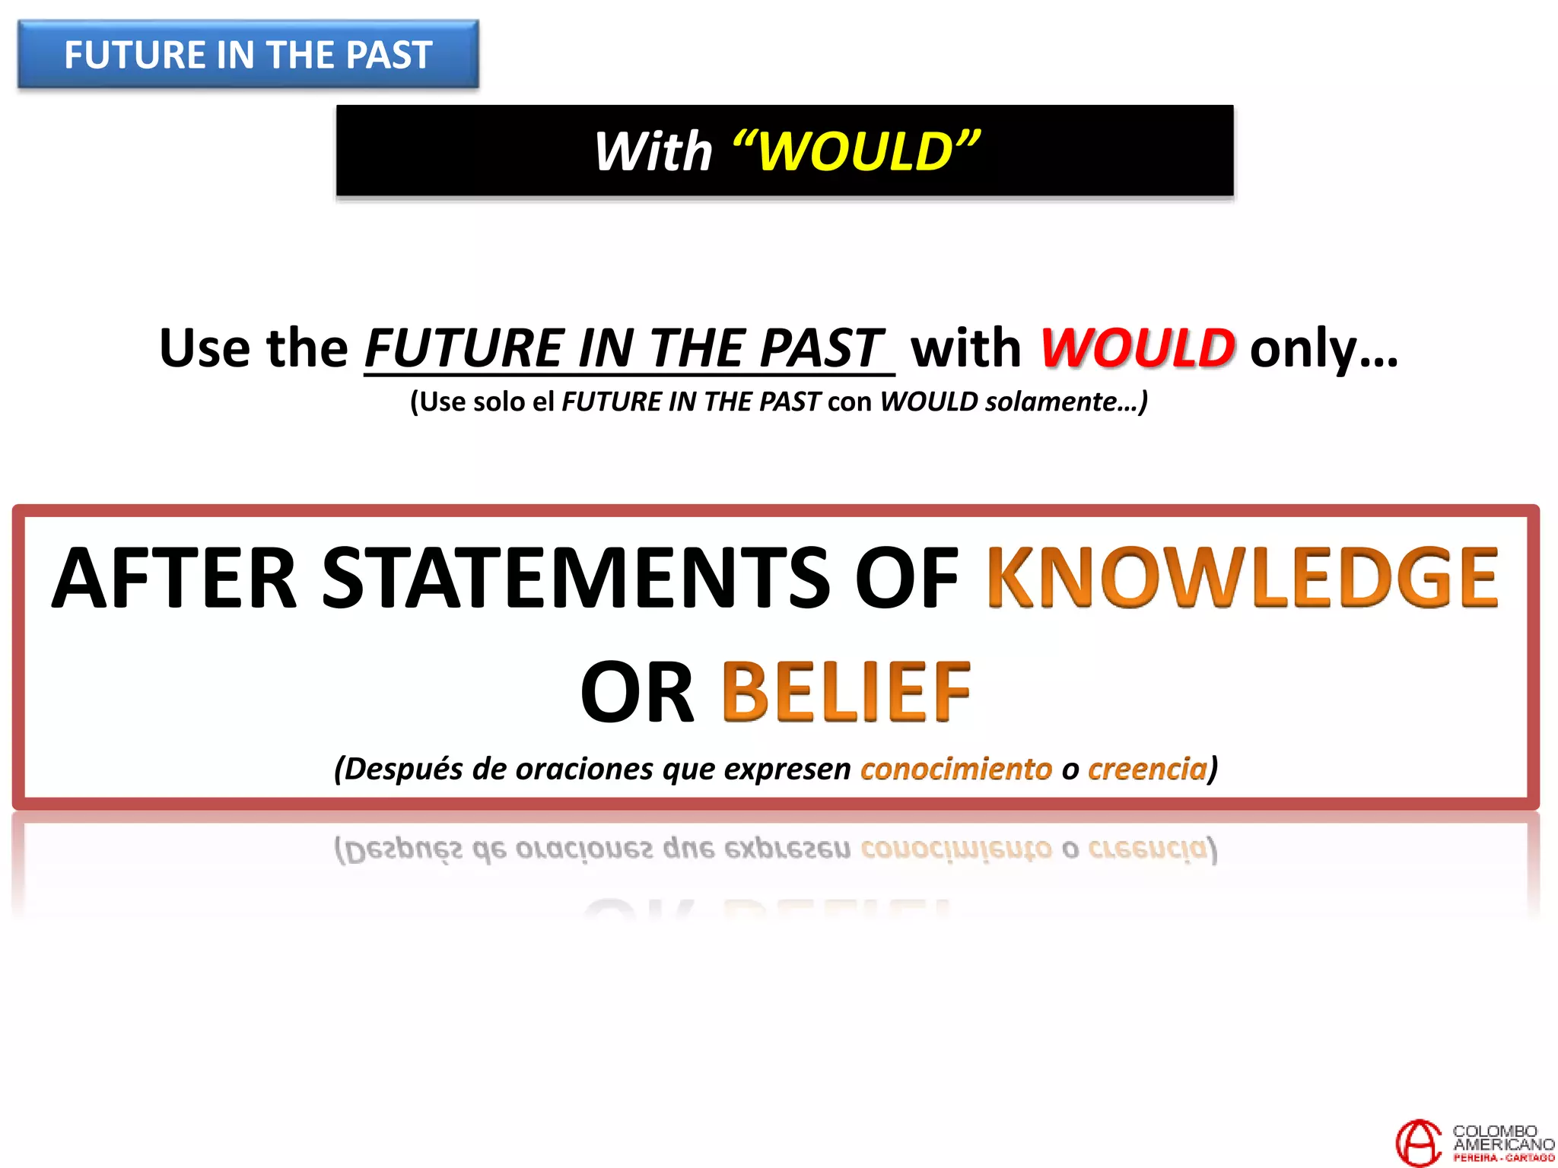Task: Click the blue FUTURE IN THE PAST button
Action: tap(248, 55)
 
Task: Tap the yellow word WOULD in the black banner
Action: tap(856, 151)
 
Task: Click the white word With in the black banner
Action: tap(653, 151)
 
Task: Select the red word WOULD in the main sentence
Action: tap(1137, 348)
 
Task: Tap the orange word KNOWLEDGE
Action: tap(1242, 578)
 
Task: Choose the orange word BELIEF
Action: tap(845, 692)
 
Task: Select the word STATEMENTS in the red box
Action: tap(576, 578)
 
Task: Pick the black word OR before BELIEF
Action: tap(638, 692)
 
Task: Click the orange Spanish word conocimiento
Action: tap(956, 769)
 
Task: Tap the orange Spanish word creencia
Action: tap(1147, 769)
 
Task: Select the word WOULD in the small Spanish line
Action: tap(929, 401)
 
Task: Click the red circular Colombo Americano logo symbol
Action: tap(1418, 1141)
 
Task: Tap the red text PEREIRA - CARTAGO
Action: tap(1503, 1158)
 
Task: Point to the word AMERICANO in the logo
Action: tap(1503, 1144)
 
